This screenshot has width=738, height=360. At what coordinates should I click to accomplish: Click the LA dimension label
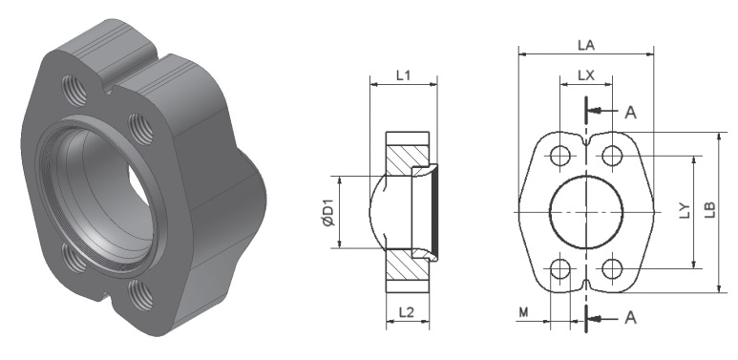(586, 45)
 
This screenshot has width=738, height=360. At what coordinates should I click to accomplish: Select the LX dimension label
(586, 75)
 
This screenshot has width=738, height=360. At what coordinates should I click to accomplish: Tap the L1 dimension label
(403, 74)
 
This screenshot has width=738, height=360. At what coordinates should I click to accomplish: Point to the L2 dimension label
(406, 312)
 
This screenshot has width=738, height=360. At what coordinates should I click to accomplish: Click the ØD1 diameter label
(329, 213)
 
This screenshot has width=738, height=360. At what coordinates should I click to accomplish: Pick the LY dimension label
(685, 210)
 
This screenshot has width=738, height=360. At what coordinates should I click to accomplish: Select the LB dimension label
(710, 210)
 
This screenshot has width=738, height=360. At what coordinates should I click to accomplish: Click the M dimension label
(523, 312)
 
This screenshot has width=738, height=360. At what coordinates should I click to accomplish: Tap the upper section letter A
(630, 113)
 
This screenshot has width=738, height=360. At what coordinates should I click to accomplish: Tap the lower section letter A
(630, 318)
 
